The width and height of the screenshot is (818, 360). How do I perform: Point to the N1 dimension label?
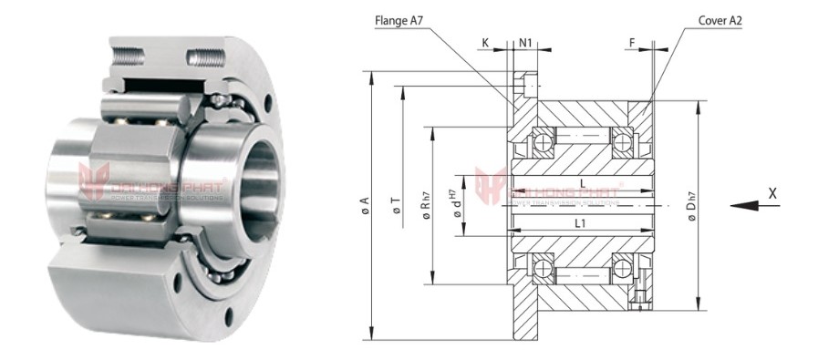coord(526,43)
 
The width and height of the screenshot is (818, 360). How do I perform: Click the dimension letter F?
coord(632,43)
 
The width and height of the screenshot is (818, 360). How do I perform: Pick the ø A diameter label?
coord(365,206)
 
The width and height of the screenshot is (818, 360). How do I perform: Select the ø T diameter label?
coord(396,206)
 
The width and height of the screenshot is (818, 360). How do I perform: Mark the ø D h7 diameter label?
coord(694,205)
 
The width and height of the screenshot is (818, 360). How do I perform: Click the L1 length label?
coord(580,222)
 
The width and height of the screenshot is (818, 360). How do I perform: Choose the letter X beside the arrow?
coord(772,192)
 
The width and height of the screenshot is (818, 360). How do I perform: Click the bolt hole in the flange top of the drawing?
coord(524,87)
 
